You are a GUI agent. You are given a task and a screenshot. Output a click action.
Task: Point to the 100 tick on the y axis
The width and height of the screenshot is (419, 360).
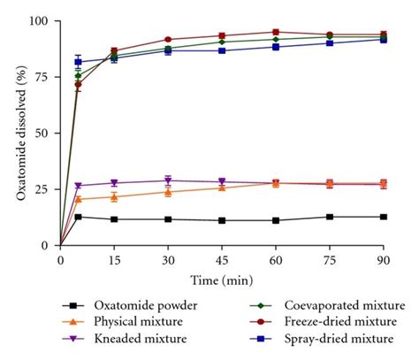click(41, 20)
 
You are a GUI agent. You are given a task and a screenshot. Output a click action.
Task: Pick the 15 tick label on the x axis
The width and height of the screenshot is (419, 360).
click(114, 260)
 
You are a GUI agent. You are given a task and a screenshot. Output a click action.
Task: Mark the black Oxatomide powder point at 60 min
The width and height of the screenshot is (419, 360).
click(276, 220)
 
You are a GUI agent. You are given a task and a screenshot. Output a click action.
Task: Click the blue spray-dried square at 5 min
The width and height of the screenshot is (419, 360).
click(78, 62)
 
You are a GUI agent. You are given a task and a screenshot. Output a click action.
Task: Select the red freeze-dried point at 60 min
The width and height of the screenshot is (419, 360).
click(276, 32)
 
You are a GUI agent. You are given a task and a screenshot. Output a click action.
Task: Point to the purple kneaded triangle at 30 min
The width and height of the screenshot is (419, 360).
click(168, 180)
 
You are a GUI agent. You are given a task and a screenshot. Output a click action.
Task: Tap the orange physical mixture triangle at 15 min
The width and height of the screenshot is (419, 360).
click(114, 196)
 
